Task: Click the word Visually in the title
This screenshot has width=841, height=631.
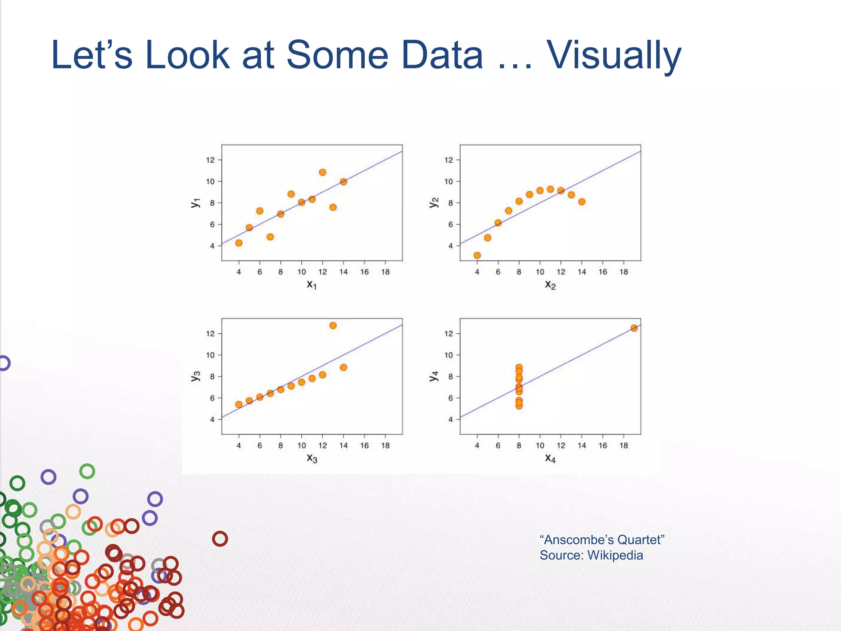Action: pos(614,55)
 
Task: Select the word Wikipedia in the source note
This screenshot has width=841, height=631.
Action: pos(615,555)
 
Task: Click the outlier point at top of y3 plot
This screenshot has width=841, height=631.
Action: pos(333,325)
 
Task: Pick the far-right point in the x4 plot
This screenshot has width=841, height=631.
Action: pos(634,328)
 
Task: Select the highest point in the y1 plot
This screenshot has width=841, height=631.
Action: pos(322,172)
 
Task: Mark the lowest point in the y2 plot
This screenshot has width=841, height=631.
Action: pos(477,256)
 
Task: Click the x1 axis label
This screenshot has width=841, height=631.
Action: pos(312,284)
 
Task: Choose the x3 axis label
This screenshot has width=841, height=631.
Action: pos(312,458)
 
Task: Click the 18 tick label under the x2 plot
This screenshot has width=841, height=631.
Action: pos(623,272)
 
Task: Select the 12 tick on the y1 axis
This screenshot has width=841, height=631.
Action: pos(210,160)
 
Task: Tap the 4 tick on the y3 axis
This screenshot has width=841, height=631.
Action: pos(212,419)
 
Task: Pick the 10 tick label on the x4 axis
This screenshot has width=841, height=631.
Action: pos(540,445)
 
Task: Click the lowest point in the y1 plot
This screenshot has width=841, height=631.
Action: pos(239,243)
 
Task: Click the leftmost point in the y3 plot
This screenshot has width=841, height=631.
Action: pos(239,404)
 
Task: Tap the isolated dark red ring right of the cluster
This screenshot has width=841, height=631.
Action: pos(220,539)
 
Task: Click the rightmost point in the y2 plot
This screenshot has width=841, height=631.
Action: pos(581,202)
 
